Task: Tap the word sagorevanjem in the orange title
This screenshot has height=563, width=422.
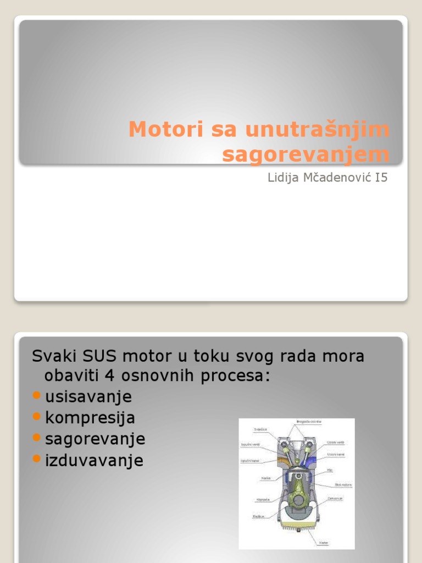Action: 306,154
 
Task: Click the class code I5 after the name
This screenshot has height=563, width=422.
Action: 381,178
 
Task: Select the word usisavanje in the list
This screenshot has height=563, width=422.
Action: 88,396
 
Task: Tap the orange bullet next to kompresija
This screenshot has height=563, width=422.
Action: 37,417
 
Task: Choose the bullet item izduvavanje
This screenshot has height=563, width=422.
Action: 94,460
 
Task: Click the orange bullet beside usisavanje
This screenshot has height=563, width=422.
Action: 37,396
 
